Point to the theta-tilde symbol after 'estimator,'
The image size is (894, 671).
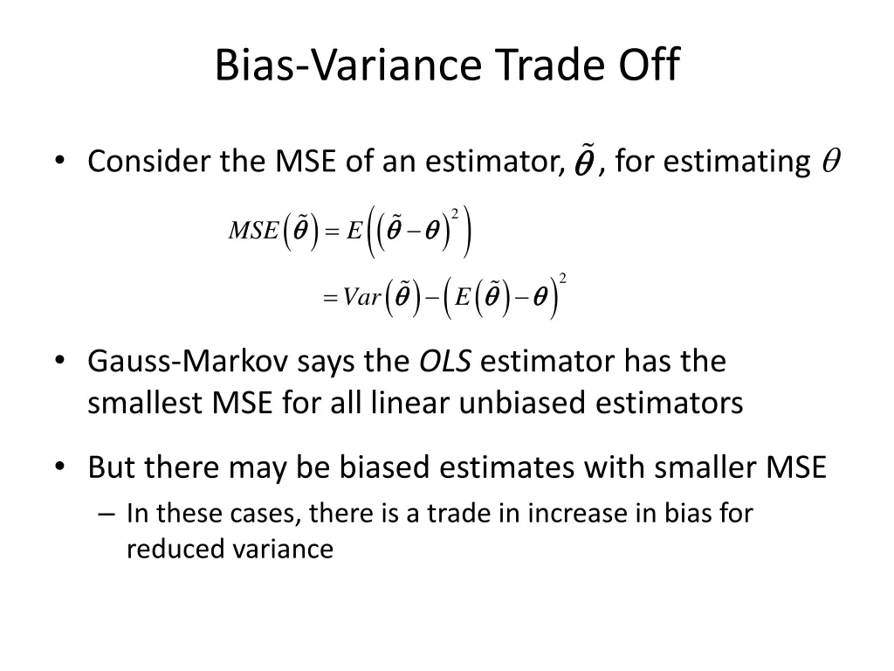(583, 163)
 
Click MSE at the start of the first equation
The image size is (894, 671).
(253, 231)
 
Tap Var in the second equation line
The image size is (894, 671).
(362, 298)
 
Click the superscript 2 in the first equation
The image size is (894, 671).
(455, 213)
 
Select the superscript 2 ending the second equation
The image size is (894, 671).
(563, 279)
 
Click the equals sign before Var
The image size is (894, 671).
(329, 299)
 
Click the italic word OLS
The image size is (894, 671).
(446, 362)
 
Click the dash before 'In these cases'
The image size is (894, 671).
(107, 514)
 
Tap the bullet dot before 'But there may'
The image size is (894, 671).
(59, 467)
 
